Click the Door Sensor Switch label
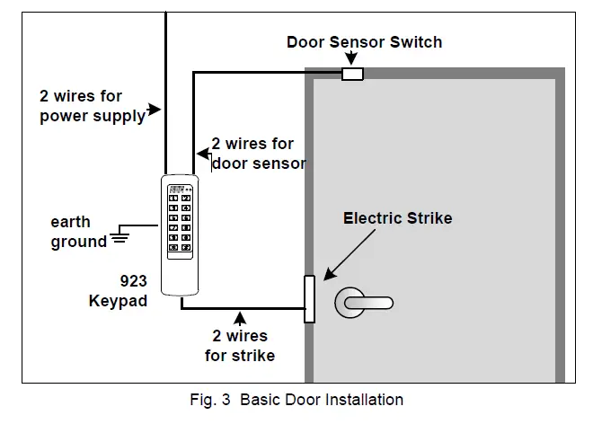click(364, 42)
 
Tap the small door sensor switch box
click(351, 74)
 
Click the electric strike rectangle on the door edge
click(309, 298)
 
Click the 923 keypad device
click(180, 234)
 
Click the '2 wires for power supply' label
click(92, 105)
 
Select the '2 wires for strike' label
click(239, 346)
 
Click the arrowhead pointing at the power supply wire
click(155, 110)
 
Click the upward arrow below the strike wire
click(239, 318)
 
